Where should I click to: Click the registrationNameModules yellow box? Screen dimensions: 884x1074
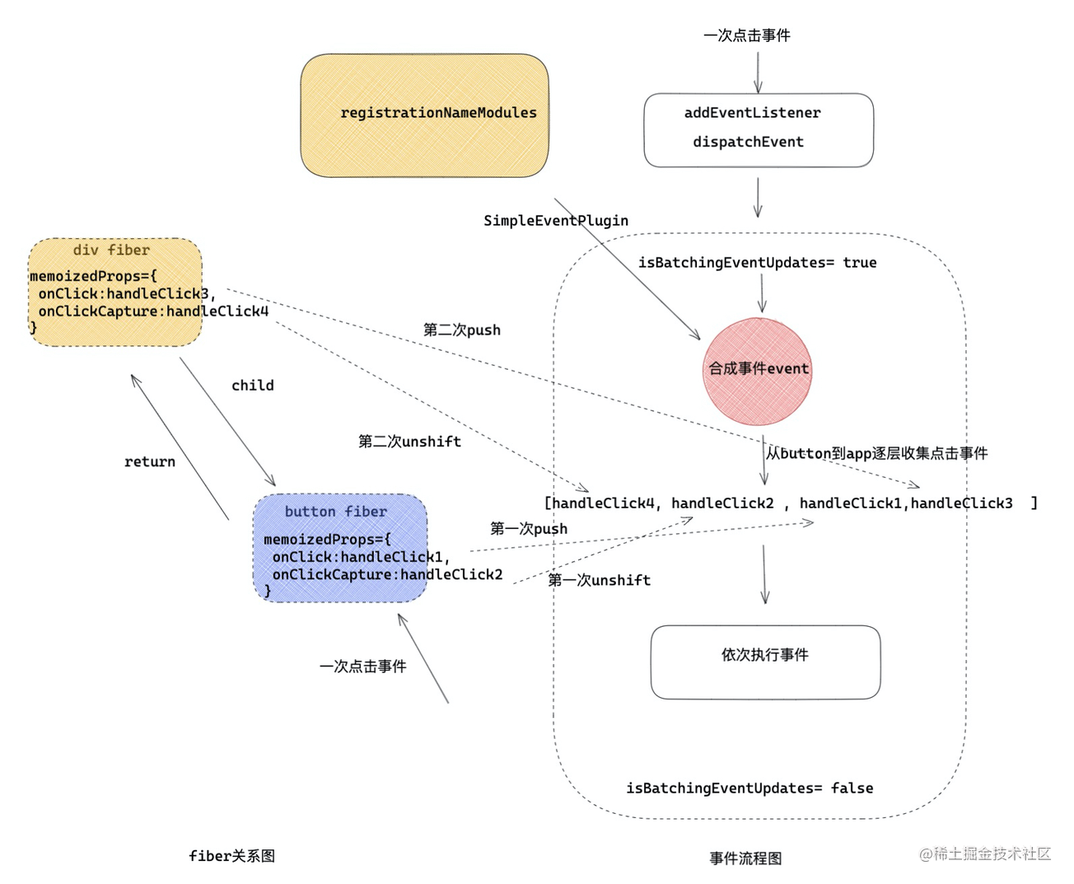click(x=424, y=115)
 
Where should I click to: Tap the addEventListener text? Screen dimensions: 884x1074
click(x=752, y=113)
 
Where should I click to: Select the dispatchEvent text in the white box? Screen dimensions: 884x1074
click(x=748, y=142)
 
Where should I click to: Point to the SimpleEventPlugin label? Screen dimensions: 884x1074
click(x=555, y=221)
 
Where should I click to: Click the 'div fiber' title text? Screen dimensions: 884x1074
click(x=111, y=250)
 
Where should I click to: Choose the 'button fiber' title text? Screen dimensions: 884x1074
click(x=335, y=512)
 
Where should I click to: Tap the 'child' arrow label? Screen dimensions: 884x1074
click(x=252, y=386)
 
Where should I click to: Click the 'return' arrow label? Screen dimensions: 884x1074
click(x=149, y=462)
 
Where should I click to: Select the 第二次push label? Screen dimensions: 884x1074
click(x=461, y=330)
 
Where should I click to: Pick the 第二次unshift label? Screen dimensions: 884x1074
click(x=409, y=442)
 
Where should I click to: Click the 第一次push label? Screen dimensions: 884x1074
click(x=528, y=529)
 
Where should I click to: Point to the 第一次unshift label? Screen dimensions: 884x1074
click(x=599, y=581)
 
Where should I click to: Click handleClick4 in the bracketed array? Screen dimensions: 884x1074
click(x=603, y=503)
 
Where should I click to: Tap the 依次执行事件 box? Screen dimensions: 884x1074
click(x=765, y=662)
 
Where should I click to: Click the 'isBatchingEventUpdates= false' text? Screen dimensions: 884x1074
click(x=749, y=788)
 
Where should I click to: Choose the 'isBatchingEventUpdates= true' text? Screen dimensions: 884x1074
click(x=757, y=263)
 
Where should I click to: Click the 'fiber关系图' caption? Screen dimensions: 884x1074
click(x=231, y=857)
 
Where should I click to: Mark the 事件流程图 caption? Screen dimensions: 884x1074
click(x=745, y=858)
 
